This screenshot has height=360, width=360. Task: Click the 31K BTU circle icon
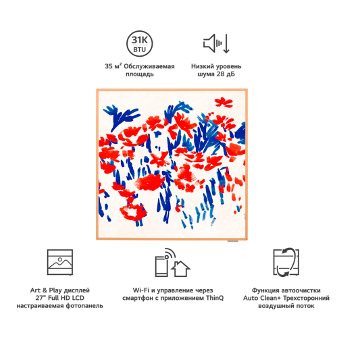(x=140, y=44)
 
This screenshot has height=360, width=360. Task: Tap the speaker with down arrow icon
(x=216, y=43)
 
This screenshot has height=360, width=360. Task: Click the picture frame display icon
(x=60, y=262)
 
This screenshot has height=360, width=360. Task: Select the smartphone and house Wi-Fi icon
(x=172, y=263)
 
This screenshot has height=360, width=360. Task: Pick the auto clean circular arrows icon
(x=286, y=262)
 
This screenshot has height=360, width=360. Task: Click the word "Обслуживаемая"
(x=149, y=66)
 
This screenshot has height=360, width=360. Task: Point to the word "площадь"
(x=140, y=74)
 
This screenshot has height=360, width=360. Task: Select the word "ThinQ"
(x=215, y=298)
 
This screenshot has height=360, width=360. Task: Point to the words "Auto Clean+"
(x=262, y=298)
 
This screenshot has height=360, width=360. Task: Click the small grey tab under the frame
(x=232, y=241)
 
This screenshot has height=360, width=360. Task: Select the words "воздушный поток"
(x=286, y=306)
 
